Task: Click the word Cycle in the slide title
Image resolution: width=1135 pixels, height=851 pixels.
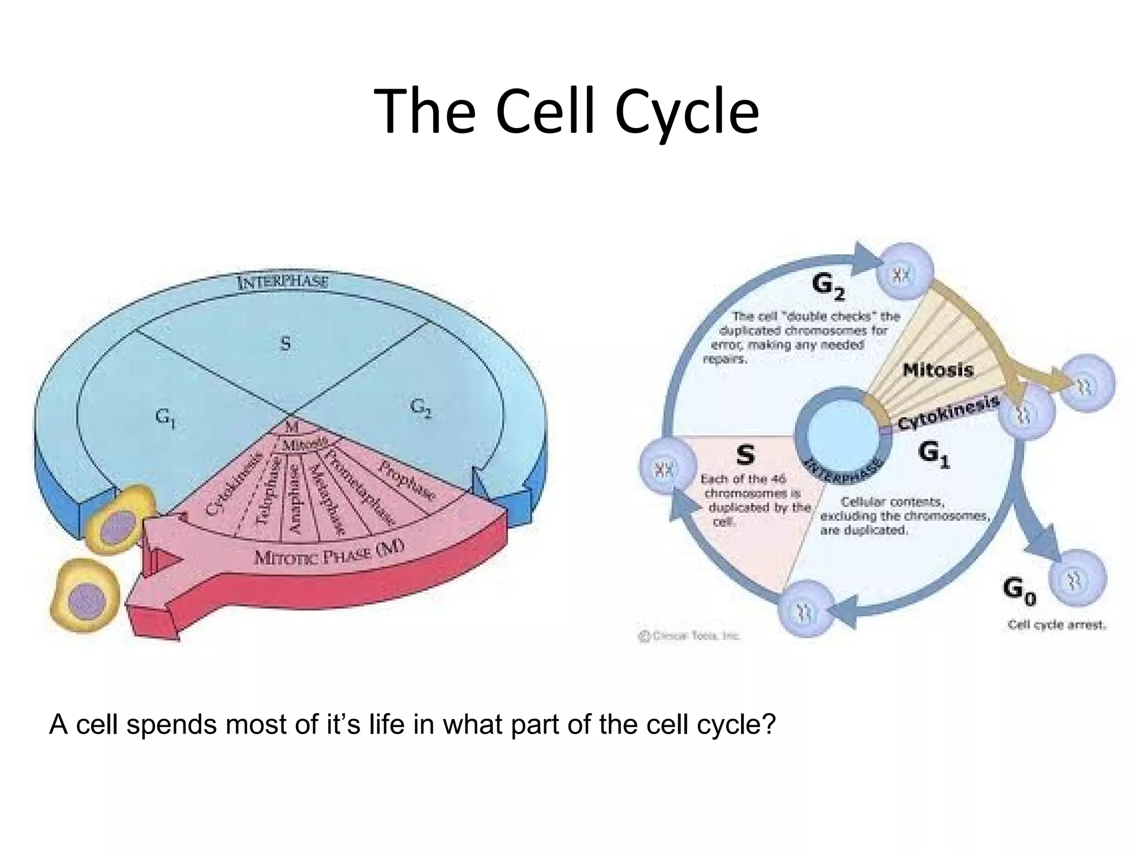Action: pyautogui.click(x=687, y=112)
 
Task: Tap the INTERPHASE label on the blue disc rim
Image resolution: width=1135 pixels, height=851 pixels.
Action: pyautogui.click(x=283, y=282)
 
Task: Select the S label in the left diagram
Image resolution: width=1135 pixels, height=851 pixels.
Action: pyautogui.click(x=285, y=344)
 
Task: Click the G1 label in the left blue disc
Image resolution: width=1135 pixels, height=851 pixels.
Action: pyautogui.click(x=165, y=417)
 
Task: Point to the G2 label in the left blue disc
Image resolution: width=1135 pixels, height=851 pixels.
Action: pyautogui.click(x=421, y=408)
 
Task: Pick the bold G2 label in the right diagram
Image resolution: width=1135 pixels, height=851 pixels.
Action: pyautogui.click(x=828, y=285)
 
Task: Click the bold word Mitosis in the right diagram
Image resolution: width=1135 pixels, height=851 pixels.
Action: pyautogui.click(x=938, y=370)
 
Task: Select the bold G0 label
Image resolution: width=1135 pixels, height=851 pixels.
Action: pyautogui.click(x=1019, y=590)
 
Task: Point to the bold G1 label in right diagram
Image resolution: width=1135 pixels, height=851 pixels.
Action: pyautogui.click(x=933, y=453)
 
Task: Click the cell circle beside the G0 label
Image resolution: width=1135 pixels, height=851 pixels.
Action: pyautogui.click(x=1077, y=579)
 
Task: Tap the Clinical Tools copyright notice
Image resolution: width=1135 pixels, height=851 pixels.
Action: pyautogui.click(x=689, y=636)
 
